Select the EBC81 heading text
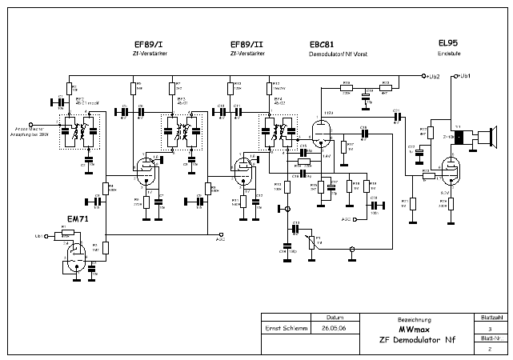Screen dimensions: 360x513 pyautogui.click(x=323, y=44)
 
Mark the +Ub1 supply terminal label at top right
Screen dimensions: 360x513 pyautogui.click(x=463, y=76)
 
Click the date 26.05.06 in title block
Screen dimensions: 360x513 pyautogui.click(x=335, y=329)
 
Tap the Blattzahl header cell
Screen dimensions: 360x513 pyautogui.click(x=491, y=317)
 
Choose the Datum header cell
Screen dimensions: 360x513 pyautogui.click(x=335, y=317)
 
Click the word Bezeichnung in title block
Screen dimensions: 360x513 pyautogui.click(x=414, y=318)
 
